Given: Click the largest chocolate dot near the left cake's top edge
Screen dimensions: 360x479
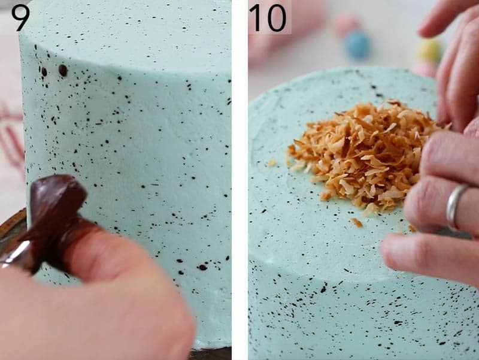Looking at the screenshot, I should click(x=63, y=70).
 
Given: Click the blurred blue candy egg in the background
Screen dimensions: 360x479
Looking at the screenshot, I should click(x=357, y=45).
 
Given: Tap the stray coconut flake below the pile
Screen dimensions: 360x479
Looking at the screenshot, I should click(x=357, y=222).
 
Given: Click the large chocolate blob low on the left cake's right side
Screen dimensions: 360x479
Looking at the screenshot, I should click(x=202, y=267).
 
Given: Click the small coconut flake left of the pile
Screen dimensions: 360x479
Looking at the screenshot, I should click(x=272, y=162).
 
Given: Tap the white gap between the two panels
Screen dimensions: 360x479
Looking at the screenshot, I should click(x=239, y=180).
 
